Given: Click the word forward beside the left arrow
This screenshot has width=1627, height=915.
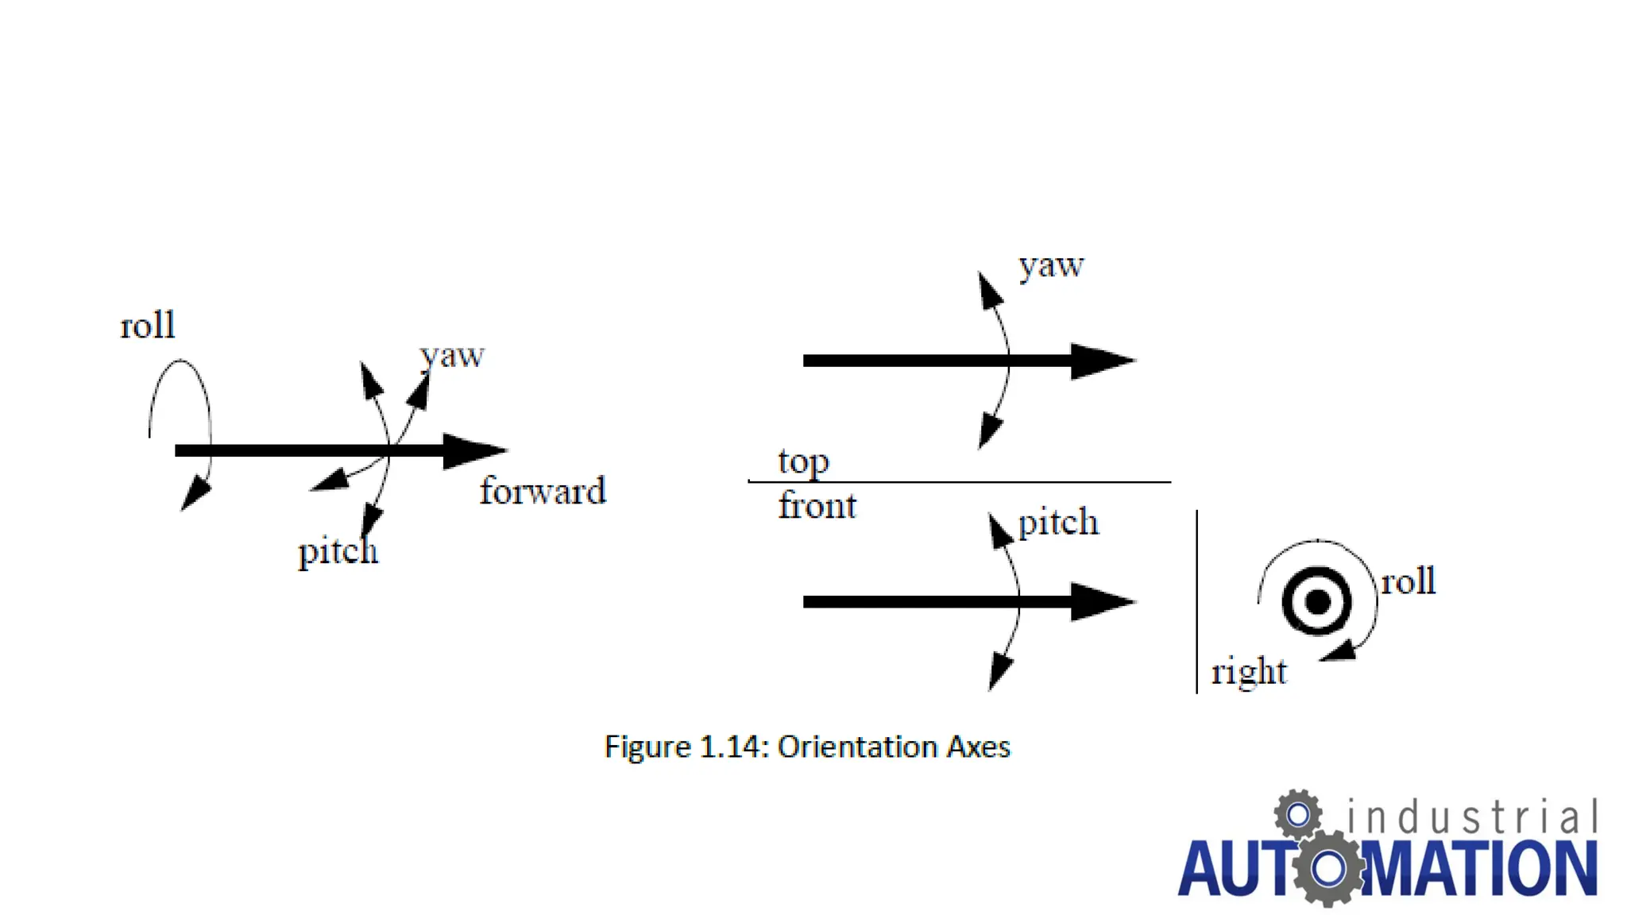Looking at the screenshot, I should (x=543, y=491).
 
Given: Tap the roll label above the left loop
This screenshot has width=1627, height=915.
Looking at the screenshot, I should (x=148, y=325).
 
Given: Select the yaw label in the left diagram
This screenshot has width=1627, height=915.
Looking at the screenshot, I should (x=452, y=355).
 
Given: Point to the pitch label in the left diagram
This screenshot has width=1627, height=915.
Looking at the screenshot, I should (x=338, y=550).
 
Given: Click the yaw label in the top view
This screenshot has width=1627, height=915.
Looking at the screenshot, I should (x=1051, y=265).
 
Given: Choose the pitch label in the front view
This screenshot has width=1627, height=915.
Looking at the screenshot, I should (x=1058, y=523).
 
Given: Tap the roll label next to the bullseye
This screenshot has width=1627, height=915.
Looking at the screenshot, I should (x=1408, y=581).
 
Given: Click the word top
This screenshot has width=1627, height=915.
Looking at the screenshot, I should (x=803, y=461).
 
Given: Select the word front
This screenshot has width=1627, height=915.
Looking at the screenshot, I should (x=817, y=506).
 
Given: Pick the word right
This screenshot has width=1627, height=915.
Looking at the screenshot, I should (x=1248, y=672).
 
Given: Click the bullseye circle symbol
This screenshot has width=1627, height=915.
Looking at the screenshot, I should (x=1317, y=601).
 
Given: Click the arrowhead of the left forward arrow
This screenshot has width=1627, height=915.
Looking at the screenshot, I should (x=473, y=450).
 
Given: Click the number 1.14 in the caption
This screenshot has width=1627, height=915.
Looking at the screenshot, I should (x=732, y=747).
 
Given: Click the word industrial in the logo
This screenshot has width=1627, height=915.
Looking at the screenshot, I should (x=1471, y=818).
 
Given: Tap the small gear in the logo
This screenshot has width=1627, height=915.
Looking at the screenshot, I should (x=1298, y=814).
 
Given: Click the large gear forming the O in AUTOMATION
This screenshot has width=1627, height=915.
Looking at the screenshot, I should (x=1328, y=868).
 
